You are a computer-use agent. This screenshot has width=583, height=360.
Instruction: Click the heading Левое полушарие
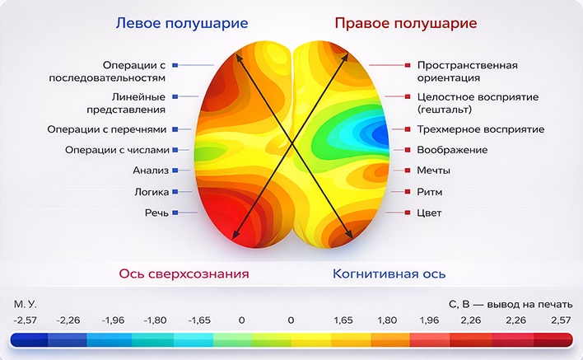click(182, 23)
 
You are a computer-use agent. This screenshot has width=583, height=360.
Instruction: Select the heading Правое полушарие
click(406, 23)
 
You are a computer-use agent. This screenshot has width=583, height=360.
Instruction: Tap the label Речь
click(156, 213)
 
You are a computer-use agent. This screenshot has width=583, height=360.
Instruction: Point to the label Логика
click(152, 192)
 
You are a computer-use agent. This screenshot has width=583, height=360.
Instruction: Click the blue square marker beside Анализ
click(175, 171)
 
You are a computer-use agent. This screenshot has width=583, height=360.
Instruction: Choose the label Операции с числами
click(117, 150)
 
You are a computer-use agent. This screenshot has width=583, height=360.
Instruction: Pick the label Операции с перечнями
click(107, 129)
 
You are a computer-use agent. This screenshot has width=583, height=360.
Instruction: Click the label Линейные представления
click(126, 103)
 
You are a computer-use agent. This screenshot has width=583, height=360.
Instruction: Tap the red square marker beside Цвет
click(408, 213)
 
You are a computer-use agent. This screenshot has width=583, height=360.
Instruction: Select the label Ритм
click(430, 192)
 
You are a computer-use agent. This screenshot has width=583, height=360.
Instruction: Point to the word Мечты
click(433, 171)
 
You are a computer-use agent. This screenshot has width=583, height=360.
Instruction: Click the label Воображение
click(453, 150)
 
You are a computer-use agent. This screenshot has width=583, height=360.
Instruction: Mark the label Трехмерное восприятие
click(481, 129)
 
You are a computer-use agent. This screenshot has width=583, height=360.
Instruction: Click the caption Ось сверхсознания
click(184, 274)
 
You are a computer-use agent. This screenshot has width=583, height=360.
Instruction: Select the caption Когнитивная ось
click(389, 274)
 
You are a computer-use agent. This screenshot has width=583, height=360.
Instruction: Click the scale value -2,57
click(26, 320)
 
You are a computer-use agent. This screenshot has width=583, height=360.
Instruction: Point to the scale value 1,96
click(429, 320)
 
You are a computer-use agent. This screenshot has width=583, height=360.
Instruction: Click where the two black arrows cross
click(292, 143)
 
